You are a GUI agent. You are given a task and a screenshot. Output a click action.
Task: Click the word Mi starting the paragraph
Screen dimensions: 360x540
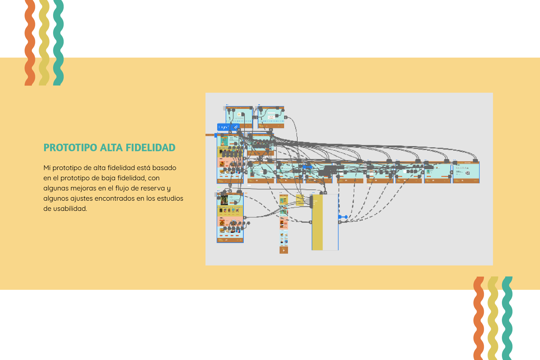(x=47, y=168)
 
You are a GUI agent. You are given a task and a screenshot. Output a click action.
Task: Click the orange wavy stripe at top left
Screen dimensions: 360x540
(x=30, y=42)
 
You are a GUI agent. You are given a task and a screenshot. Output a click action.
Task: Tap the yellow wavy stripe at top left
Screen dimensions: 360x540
(x=44, y=42)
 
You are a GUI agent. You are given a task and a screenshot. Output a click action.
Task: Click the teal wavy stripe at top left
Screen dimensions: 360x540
(x=58, y=42)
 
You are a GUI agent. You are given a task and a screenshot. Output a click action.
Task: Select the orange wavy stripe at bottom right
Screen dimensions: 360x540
(x=479, y=318)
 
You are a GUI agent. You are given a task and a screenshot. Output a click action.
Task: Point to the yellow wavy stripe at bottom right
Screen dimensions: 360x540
(x=493, y=318)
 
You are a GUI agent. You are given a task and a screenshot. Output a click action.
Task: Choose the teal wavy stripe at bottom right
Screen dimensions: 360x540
(x=507, y=318)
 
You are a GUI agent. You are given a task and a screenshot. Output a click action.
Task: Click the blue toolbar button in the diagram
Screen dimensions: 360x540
(x=228, y=127)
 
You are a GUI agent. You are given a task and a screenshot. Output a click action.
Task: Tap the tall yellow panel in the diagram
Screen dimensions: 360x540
(x=317, y=222)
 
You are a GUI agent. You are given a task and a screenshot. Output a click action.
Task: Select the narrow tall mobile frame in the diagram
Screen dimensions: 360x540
(x=283, y=223)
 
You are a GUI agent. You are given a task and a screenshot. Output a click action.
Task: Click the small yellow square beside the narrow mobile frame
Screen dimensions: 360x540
(x=300, y=199)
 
